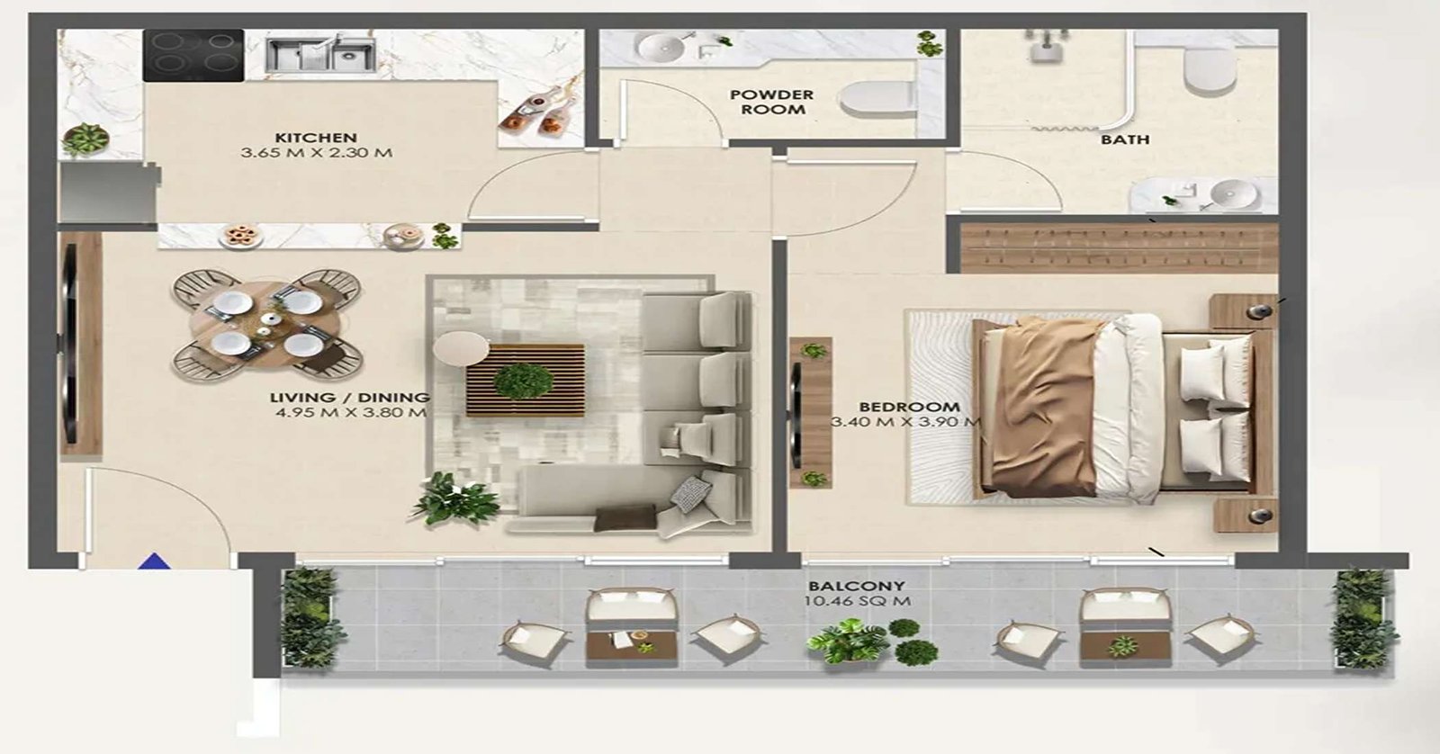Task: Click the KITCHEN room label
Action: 315,138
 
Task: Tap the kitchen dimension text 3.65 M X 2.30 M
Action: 316,153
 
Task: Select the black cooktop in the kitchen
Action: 193,55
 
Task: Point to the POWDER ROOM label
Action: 771,102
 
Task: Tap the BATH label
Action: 1125,139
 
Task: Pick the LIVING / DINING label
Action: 349,398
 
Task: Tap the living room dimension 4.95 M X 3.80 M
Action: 350,414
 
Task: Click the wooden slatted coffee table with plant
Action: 525,379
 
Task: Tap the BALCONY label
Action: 856,586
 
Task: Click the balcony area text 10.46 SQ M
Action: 858,602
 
